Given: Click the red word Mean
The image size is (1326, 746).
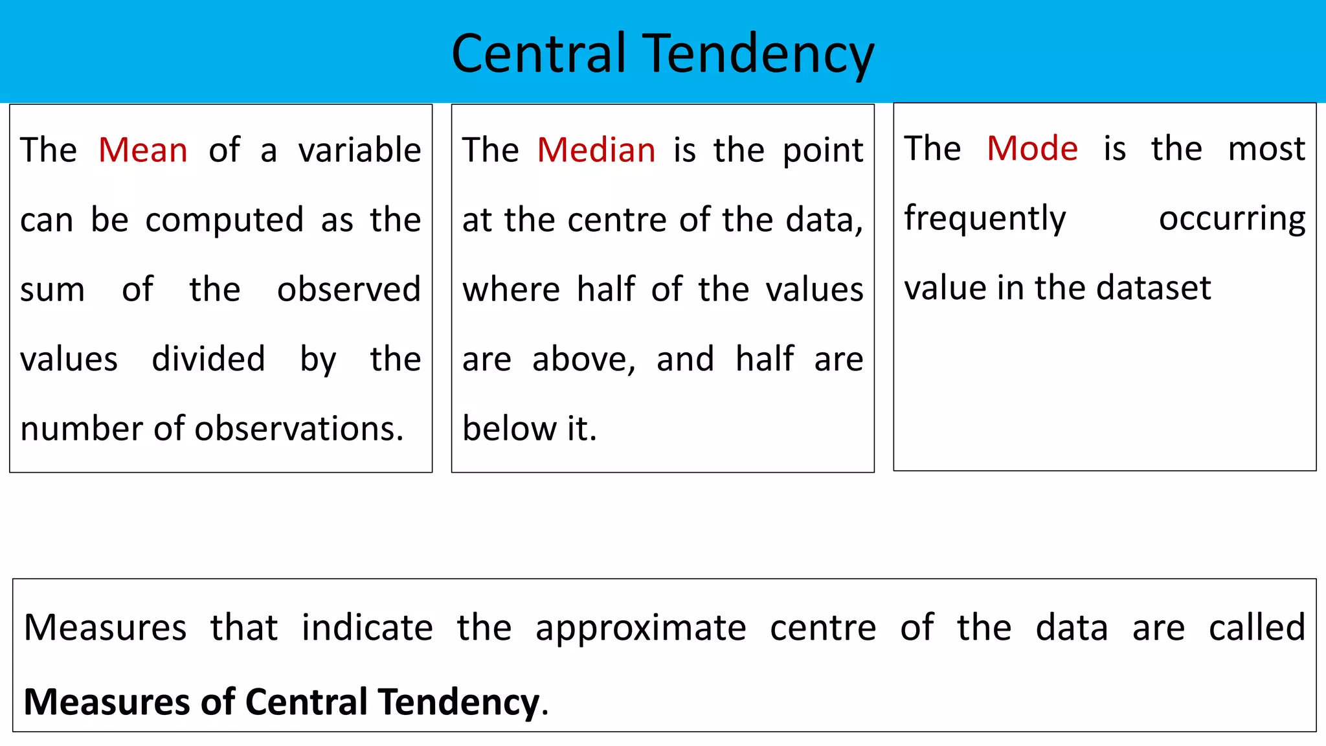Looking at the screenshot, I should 143,150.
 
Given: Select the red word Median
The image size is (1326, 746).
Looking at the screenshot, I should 596,150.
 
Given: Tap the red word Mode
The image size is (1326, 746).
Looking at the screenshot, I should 1032,148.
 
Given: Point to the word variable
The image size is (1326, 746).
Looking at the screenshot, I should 359,150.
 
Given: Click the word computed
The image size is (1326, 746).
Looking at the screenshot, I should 224,221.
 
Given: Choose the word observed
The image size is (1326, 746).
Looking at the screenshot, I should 349,289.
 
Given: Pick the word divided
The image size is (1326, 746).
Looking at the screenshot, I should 208,359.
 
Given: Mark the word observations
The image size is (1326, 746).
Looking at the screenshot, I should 299,429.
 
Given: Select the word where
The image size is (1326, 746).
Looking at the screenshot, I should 511,289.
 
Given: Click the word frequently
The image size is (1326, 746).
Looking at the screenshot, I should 985,219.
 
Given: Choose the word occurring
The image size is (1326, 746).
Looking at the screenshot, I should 1232,219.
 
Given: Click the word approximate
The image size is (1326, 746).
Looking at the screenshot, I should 641,629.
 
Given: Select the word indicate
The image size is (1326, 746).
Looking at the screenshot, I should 367,627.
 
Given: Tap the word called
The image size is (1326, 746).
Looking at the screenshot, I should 1257,627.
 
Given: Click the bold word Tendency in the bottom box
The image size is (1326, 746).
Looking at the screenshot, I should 459,703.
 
